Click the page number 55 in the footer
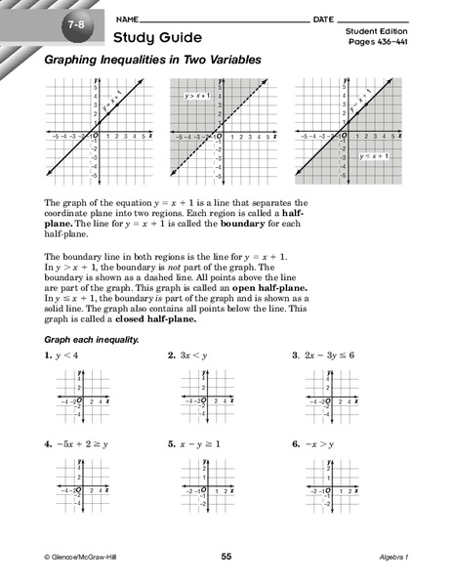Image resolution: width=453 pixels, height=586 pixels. click(x=226, y=556)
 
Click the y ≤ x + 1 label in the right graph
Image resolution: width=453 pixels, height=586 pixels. click(x=372, y=156)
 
